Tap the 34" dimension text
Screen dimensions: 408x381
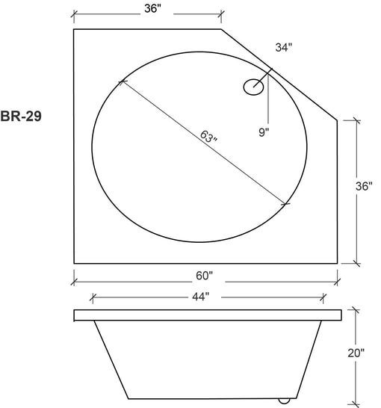(x=284, y=48)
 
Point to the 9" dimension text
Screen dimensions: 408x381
(x=263, y=132)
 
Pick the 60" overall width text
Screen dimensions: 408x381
(x=205, y=275)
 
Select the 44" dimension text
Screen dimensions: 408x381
(x=199, y=297)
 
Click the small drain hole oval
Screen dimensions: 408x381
(x=254, y=87)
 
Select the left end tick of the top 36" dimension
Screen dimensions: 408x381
(x=74, y=13)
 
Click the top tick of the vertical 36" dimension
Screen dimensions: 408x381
(x=356, y=120)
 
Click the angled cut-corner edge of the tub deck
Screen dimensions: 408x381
(x=280, y=75)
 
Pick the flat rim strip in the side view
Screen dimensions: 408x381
(x=208, y=315)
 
